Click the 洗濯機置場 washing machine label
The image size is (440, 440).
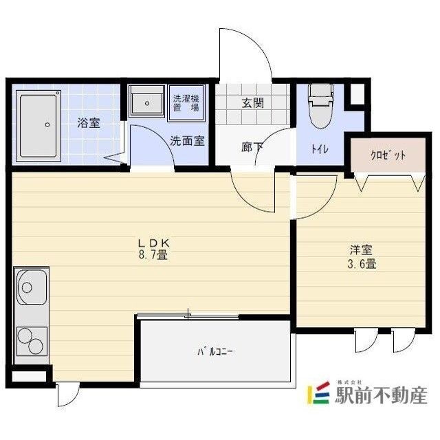185,102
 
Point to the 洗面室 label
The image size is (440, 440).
187,142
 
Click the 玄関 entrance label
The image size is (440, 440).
253,104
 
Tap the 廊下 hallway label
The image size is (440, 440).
252,146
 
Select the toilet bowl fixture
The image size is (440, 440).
319,107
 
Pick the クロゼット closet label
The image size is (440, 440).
388,155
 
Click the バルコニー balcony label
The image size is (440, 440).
216,352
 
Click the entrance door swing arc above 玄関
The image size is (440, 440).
247,55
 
